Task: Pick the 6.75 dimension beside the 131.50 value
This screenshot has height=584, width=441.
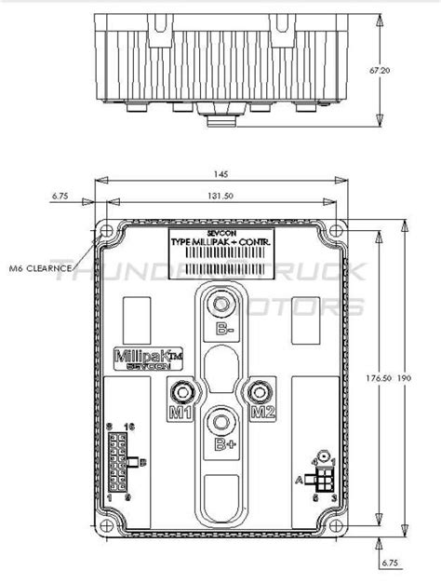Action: coord(62,197)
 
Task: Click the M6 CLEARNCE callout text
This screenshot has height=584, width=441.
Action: coord(43,267)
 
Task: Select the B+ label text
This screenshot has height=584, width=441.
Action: coord(224,445)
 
